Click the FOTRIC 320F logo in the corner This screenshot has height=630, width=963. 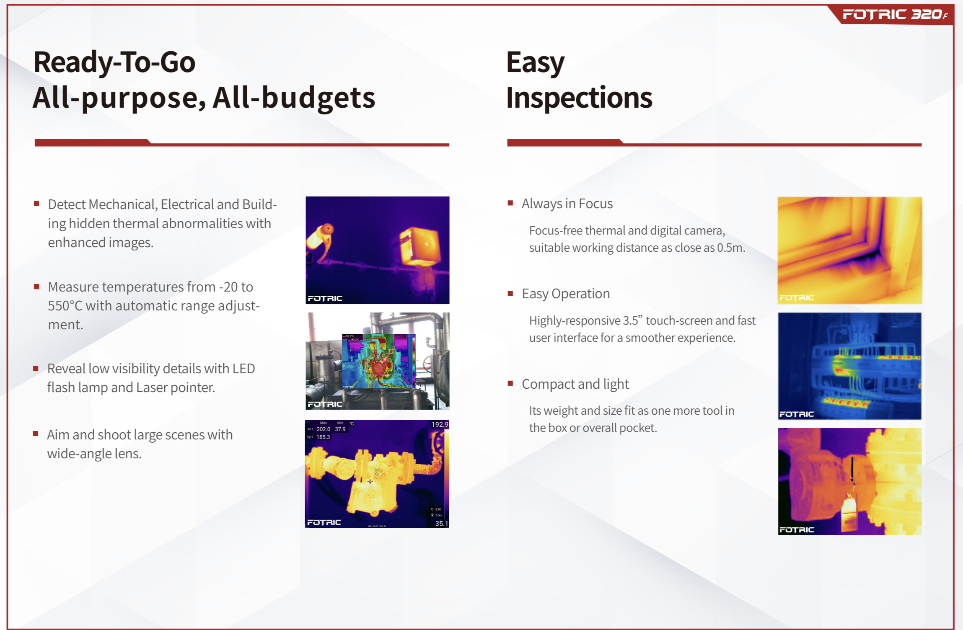(x=895, y=15)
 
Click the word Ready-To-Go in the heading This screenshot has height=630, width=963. (x=114, y=62)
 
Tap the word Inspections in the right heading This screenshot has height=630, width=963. (x=579, y=98)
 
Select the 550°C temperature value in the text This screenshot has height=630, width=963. (x=65, y=306)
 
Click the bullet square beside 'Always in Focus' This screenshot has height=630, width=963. (x=510, y=203)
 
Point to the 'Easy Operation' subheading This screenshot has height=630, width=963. (x=566, y=294)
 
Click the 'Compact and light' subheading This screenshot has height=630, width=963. (x=575, y=384)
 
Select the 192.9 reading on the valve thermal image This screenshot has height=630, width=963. (x=440, y=424)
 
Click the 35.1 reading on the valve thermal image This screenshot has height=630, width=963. (x=441, y=523)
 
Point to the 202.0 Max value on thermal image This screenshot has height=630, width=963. (x=323, y=429)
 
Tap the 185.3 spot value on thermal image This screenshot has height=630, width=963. (x=323, y=437)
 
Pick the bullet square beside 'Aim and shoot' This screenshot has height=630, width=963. (x=36, y=434)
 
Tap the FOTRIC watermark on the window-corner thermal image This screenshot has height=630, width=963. (x=796, y=298)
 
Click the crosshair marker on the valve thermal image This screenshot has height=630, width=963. (x=370, y=482)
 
